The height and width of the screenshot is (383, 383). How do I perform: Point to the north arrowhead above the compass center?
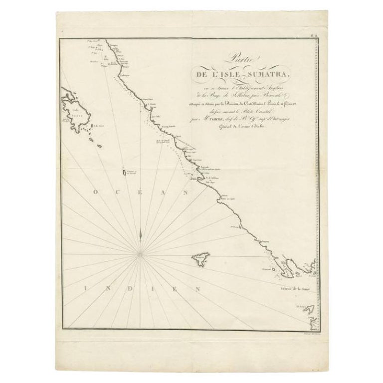click(141, 231)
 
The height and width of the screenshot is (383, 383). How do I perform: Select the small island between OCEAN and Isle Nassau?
click(124, 173)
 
